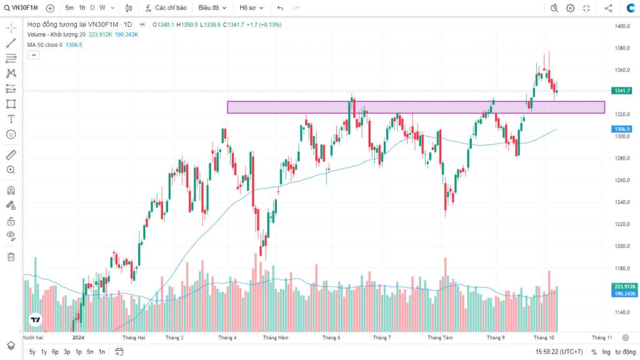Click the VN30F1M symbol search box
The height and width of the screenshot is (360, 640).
click(x=24, y=8)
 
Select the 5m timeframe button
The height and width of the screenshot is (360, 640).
click(x=69, y=8)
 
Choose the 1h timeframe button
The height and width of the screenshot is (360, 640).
click(x=82, y=8)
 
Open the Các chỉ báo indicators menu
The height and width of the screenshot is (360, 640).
click(x=166, y=8)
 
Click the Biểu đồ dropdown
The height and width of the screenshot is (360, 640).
click(x=212, y=8)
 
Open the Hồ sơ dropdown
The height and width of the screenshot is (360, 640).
click(x=251, y=8)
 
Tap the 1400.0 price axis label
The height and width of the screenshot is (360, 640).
click(x=621, y=26)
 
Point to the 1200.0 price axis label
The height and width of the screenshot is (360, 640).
click(x=621, y=246)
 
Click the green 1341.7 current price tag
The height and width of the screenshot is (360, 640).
click(x=622, y=91)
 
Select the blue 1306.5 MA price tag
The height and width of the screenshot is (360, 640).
click(x=622, y=129)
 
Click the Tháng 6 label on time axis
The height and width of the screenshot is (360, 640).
click(x=331, y=337)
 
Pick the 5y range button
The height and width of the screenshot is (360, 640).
click(x=32, y=352)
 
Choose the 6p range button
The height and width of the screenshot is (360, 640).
click(x=55, y=352)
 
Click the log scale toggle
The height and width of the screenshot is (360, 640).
click(x=606, y=352)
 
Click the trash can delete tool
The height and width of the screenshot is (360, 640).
click(x=11, y=256)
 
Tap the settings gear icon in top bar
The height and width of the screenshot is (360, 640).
click(x=570, y=8)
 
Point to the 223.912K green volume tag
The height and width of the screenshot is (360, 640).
click(x=625, y=286)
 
